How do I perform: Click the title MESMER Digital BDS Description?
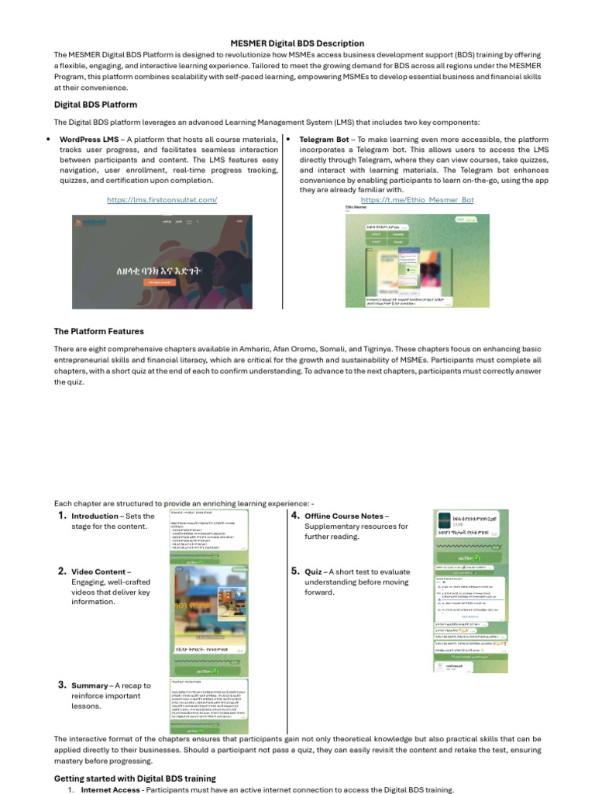297,43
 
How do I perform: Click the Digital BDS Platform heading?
95,105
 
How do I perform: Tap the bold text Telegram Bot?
324,140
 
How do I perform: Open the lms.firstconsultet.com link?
162,200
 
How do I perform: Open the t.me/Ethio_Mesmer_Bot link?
417,200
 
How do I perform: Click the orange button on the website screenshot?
160,283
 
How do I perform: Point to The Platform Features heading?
100,332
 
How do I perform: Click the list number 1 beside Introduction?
62,516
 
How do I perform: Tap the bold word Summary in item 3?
89,686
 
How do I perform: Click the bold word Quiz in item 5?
314,572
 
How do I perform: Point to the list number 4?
295,516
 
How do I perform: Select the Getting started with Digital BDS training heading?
135,778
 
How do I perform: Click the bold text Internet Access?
112,790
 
